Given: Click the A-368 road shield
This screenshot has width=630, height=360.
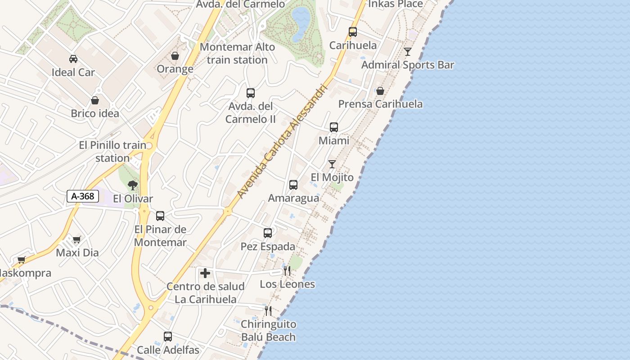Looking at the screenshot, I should pyautogui.click(x=83, y=196).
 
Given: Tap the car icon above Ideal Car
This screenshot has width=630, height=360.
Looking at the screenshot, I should pyautogui.click(x=73, y=58).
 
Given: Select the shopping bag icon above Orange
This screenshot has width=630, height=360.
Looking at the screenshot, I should pyautogui.click(x=175, y=56).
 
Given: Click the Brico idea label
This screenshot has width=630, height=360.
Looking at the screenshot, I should pyautogui.click(x=95, y=113).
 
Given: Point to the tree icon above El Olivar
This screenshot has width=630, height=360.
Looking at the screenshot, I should pyautogui.click(x=132, y=185).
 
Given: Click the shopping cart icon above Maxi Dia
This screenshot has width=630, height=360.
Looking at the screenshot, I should pyautogui.click(x=76, y=239).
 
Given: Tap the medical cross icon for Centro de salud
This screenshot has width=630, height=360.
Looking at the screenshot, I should pyautogui.click(x=205, y=273).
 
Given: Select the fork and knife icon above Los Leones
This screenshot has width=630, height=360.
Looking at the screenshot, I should pyautogui.click(x=287, y=271).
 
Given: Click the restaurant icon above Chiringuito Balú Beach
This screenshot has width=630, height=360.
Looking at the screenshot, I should pyautogui.click(x=268, y=310).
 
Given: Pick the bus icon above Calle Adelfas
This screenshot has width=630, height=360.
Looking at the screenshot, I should pyautogui.click(x=168, y=336).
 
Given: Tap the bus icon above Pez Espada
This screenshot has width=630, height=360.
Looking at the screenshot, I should pyautogui.click(x=268, y=233).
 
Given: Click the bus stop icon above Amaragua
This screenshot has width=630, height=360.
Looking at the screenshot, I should pyautogui.click(x=293, y=185).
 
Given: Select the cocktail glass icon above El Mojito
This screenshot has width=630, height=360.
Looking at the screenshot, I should pyautogui.click(x=332, y=164).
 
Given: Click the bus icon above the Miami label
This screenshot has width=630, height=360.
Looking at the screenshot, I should pyautogui.click(x=334, y=127).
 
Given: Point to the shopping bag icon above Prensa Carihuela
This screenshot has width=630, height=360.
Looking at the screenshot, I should pyautogui.click(x=380, y=91).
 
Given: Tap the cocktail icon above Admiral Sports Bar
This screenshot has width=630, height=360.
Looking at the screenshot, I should pyautogui.click(x=408, y=52).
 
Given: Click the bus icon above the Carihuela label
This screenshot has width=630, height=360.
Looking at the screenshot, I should pyautogui.click(x=353, y=32).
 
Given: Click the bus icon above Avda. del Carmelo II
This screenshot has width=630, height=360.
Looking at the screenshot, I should pyautogui.click(x=251, y=93).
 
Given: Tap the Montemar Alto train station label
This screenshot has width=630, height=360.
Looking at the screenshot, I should pyautogui.click(x=237, y=53).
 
